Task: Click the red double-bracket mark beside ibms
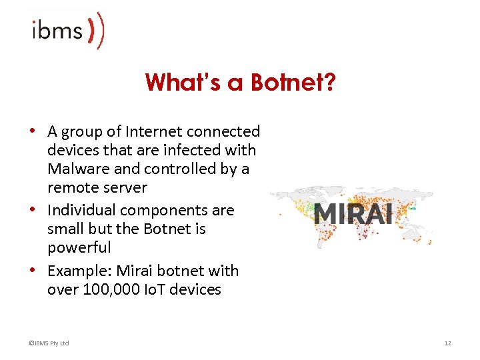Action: [x=96, y=31]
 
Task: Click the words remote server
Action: [x=97, y=188]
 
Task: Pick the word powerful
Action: [x=79, y=247]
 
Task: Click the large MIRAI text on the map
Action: [x=353, y=215]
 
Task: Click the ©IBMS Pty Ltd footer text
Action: [x=49, y=343]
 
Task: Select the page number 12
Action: [x=447, y=343]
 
